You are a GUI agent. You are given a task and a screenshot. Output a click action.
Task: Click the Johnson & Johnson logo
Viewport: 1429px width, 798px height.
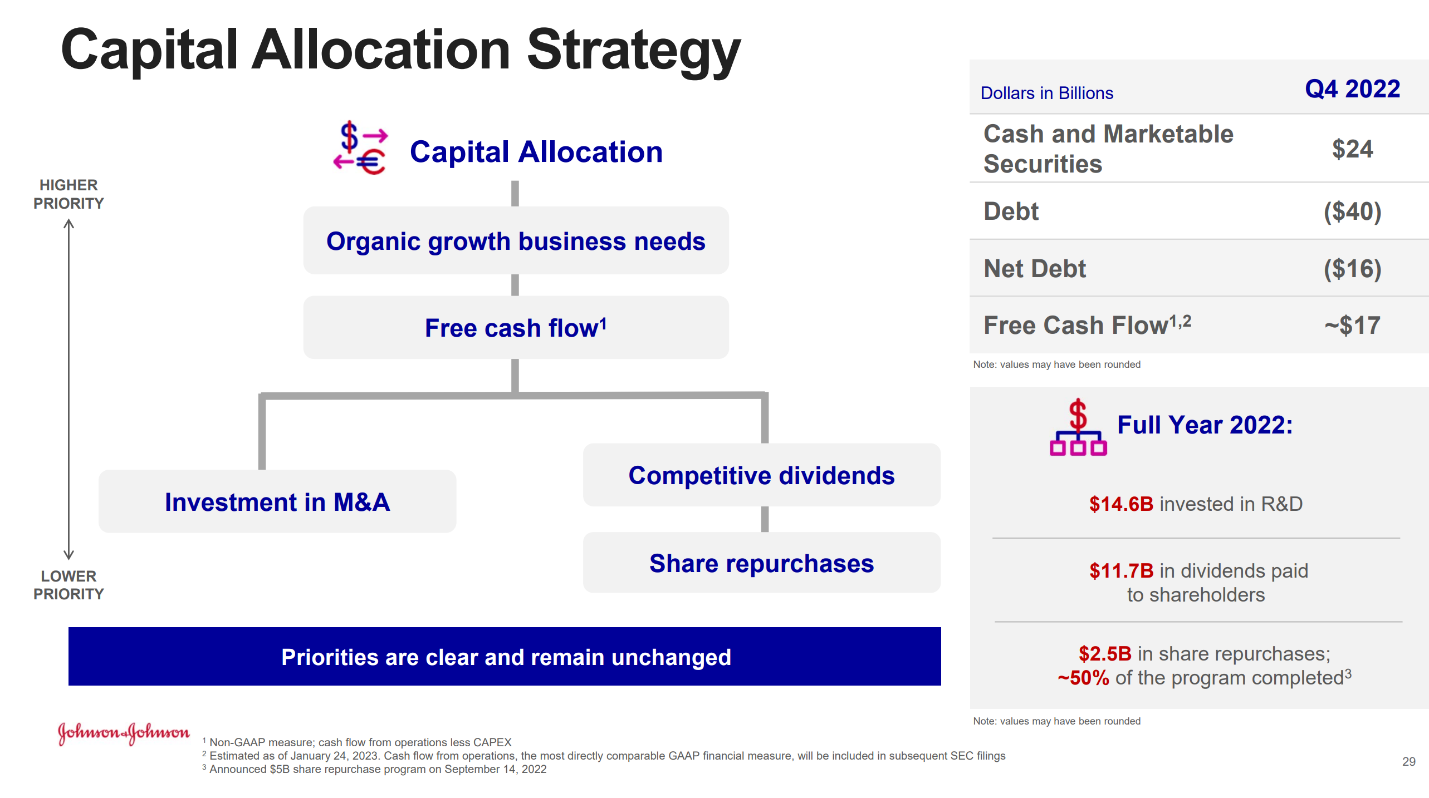tap(124, 733)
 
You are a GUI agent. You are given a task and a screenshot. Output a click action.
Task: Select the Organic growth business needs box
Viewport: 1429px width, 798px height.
tap(516, 240)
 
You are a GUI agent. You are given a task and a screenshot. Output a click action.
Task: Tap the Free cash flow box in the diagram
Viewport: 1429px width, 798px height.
tap(516, 327)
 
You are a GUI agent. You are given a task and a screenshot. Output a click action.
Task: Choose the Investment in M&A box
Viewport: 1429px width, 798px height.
tap(277, 501)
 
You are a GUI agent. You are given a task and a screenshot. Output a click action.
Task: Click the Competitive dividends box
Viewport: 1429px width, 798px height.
tap(761, 475)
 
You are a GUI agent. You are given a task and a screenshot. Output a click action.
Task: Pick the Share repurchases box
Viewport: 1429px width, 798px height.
tap(761, 563)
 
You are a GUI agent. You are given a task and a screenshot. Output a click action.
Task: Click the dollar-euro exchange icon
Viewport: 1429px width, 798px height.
tap(360, 148)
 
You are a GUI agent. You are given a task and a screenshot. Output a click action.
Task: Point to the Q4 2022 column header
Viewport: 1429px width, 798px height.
tap(1352, 89)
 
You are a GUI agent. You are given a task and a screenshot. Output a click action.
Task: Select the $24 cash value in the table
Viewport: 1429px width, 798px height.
tap(1352, 149)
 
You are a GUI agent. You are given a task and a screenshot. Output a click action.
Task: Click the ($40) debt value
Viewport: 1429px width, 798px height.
tap(1352, 211)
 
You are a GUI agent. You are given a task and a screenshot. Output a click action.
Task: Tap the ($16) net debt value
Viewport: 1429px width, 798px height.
tap(1352, 269)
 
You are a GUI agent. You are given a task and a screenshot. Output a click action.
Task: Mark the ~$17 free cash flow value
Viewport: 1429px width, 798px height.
tap(1352, 326)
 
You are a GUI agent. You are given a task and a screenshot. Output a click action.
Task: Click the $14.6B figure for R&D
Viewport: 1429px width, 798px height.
tap(1121, 504)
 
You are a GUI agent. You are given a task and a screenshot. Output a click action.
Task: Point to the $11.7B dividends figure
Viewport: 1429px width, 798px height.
tap(1121, 571)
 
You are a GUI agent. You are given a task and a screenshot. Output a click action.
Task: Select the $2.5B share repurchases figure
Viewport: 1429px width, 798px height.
tap(1105, 654)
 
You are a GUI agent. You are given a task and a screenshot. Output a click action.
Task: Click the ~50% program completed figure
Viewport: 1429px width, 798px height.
tap(1083, 678)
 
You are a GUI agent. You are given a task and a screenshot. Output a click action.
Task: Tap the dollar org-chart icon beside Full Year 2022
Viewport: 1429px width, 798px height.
tap(1078, 427)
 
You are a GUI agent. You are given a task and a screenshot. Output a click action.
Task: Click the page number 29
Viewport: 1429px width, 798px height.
tap(1408, 762)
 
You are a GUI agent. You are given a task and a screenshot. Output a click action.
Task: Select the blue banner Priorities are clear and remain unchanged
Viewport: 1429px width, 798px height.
tap(505, 657)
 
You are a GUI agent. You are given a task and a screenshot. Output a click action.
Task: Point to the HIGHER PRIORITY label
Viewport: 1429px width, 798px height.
tap(68, 194)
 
